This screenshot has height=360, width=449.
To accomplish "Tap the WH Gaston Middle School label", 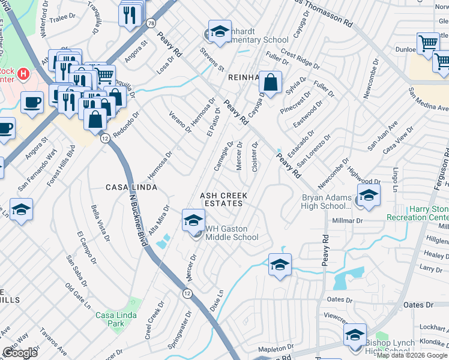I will (232, 233).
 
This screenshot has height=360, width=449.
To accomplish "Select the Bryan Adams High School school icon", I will (368, 194).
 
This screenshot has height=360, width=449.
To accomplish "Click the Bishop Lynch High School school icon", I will (355, 334).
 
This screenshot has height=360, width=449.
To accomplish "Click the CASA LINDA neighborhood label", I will (131, 187).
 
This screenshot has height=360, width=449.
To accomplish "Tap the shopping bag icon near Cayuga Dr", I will (271, 82).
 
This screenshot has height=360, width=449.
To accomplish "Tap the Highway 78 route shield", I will (150, 23).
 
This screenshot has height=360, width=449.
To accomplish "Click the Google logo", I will (20, 353).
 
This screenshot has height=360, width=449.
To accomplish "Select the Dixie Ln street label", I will (217, 301).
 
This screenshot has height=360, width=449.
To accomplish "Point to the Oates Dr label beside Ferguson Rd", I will (421, 305).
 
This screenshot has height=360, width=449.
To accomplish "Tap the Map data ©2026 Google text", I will (412, 355).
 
